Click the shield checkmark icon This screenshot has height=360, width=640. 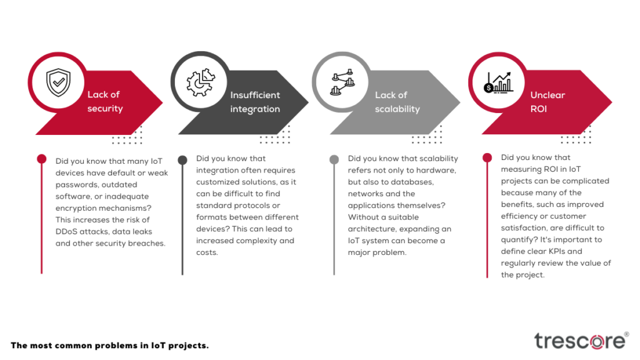58,82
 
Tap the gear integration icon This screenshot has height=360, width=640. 201,82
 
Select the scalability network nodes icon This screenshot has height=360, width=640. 342,82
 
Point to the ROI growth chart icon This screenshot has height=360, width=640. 498,82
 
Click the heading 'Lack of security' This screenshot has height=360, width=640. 105,101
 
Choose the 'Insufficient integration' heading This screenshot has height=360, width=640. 255,102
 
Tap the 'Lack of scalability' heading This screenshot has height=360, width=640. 397,102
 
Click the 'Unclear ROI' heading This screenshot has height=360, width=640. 547,102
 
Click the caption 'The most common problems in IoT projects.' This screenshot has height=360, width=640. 109,345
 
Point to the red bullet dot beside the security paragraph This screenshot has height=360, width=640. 42,159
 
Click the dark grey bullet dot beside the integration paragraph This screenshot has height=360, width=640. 182,159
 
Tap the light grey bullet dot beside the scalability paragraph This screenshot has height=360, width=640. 334,159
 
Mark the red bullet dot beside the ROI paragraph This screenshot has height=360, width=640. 487,157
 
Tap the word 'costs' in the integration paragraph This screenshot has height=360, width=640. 207,252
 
